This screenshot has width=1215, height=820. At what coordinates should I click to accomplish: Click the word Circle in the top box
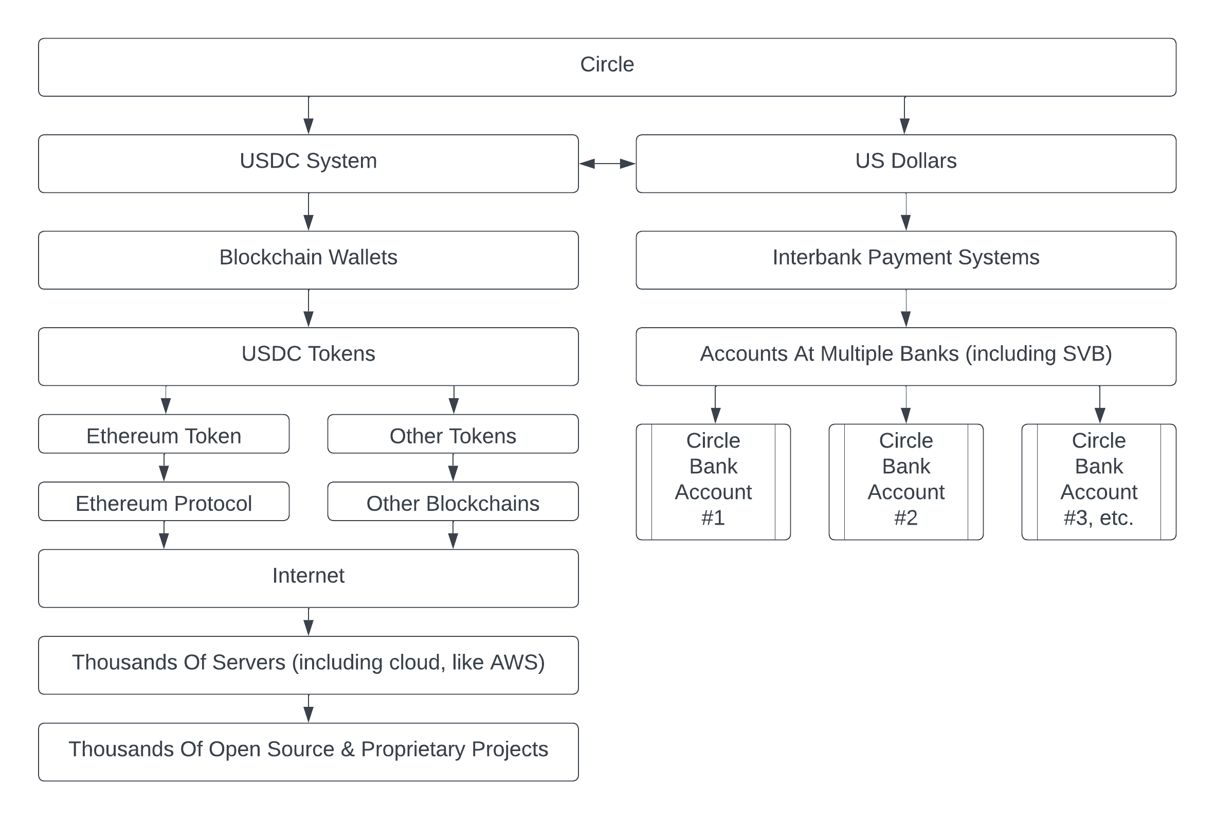(x=607, y=65)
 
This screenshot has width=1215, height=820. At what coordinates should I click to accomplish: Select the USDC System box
(x=309, y=164)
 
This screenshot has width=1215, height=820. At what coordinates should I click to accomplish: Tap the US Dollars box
(x=905, y=164)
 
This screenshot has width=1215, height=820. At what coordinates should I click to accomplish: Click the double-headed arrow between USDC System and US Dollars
(x=607, y=164)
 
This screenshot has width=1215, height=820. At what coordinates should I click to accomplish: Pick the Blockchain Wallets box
(x=309, y=260)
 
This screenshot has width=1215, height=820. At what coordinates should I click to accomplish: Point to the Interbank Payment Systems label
(x=905, y=257)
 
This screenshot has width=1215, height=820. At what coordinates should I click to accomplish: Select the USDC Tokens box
(x=309, y=356)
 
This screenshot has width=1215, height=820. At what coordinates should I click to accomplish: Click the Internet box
(x=309, y=578)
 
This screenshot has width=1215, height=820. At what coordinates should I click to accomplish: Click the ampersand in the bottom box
(x=348, y=750)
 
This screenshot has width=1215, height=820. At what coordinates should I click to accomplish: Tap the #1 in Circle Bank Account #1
(x=713, y=518)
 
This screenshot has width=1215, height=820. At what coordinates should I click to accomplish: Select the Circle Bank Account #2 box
(x=905, y=481)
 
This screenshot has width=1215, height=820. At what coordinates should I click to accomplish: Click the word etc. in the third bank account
(x=1116, y=518)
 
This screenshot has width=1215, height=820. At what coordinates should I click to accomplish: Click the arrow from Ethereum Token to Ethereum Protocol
(x=164, y=468)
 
